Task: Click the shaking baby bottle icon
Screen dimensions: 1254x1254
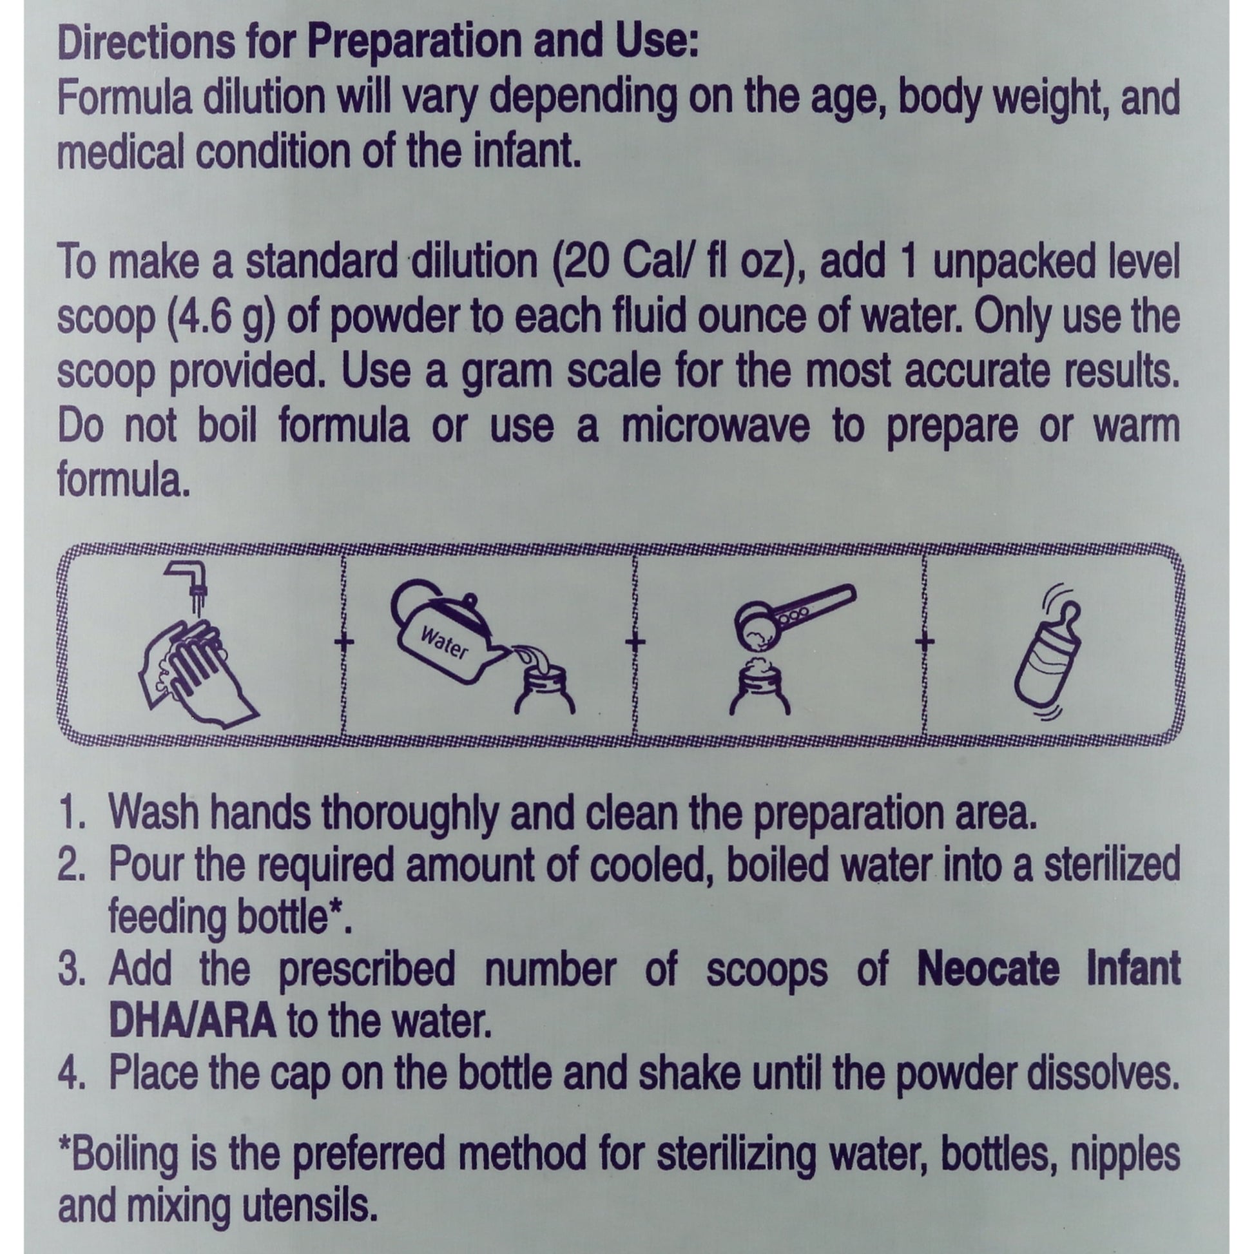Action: (1048, 655)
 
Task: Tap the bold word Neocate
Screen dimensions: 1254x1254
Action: (990, 970)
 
